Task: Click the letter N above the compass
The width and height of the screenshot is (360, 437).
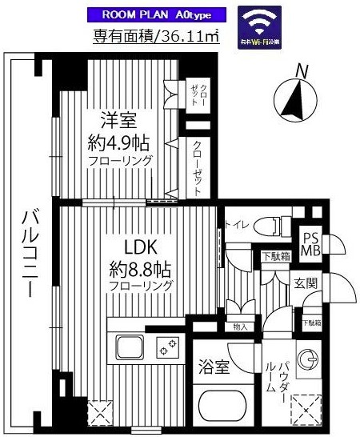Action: [x=302, y=70]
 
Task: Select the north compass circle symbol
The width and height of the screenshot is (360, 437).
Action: [x=294, y=101]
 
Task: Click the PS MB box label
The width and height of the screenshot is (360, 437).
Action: [x=310, y=242]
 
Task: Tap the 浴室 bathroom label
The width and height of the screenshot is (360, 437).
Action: [x=214, y=368]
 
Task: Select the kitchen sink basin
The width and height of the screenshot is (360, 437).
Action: [x=129, y=348]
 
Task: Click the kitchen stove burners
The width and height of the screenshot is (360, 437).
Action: [x=168, y=348]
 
